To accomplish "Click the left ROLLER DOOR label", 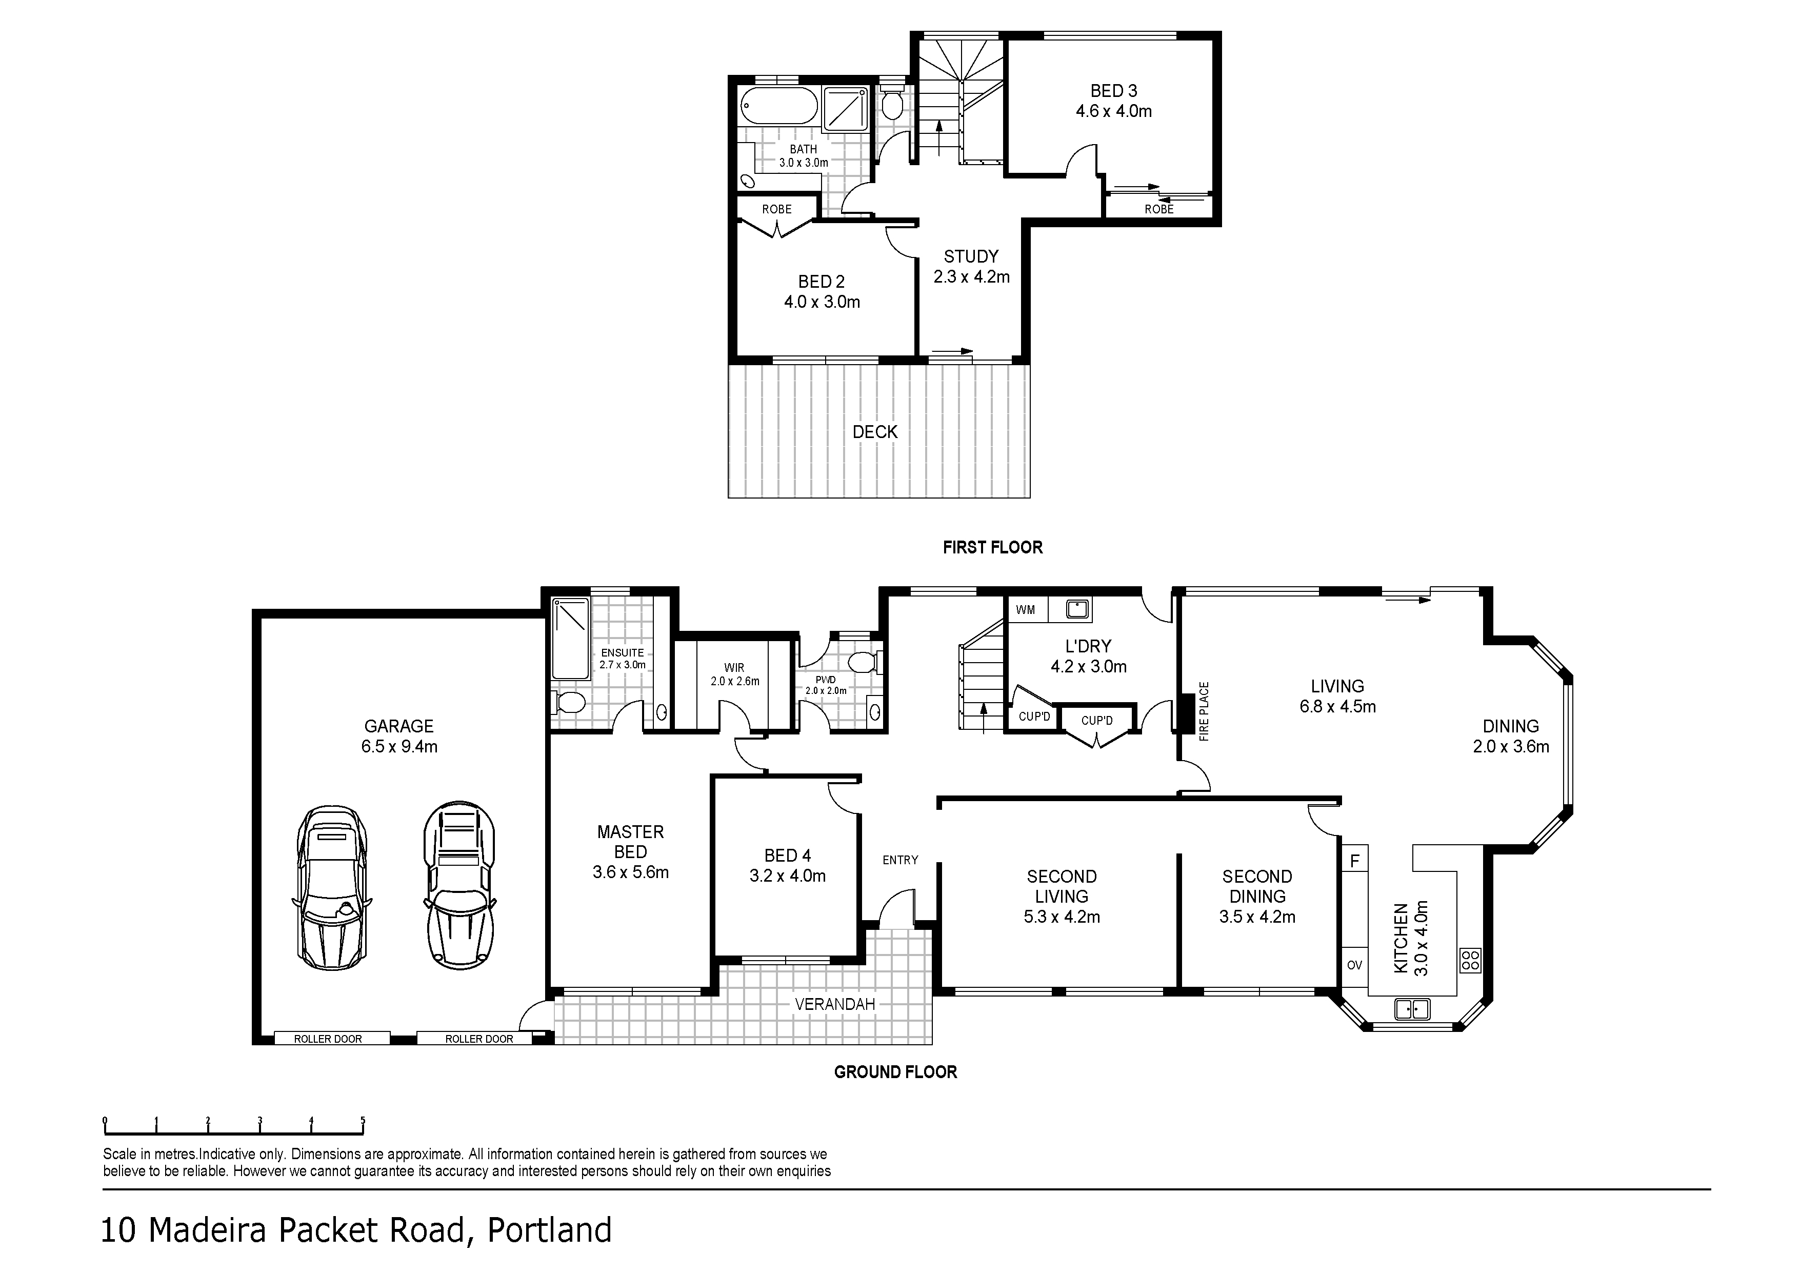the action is [x=328, y=1040].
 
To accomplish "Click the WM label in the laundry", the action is [x=1026, y=610].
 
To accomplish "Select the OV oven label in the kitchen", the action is [x=1355, y=965].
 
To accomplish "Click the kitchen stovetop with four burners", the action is [x=1471, y=960].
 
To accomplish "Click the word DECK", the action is [x=875, y=432].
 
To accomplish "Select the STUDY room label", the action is [x=971, y=257].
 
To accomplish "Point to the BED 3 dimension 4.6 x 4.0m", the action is [x=1114, y=111].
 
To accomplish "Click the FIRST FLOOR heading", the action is [x=992, y=547].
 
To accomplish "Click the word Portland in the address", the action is [x=550, y=1230].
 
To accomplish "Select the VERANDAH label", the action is [x=835, y=1004].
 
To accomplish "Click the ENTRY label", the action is [x=900, y=860].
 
